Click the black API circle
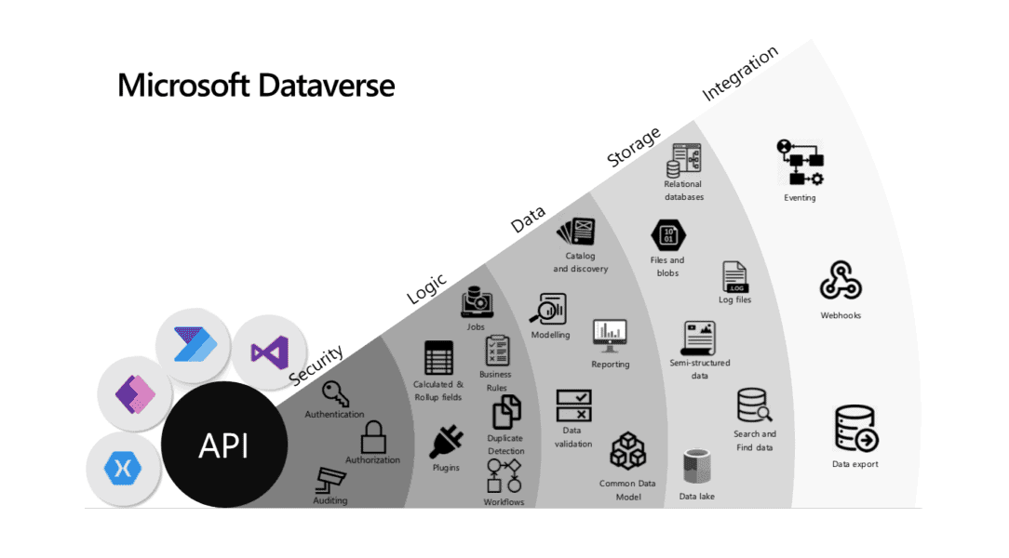point(223,445)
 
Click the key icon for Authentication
point(335,393)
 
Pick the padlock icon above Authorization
point(373,437)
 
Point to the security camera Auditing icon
point(330,480)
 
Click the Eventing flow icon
point(800,164)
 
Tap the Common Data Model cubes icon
point(628,451)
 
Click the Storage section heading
point(634,147)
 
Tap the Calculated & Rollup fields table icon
point(438,358)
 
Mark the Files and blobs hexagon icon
point(666,234)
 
